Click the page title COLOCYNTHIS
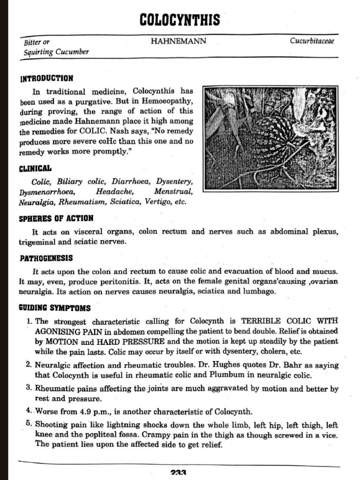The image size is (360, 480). pyautogui.click(x=180, y=20)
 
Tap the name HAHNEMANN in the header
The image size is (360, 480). pyautogui.click(x=178, y=41)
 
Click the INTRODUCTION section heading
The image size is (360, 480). pyautogui.click(x=46, y=78)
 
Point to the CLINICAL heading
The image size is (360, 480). pyautogui.click(x=35, y=168)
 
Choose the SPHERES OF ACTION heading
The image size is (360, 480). pyautogui.click(x=56, y=218)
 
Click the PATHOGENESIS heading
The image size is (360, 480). pyautogui.click(x=46, y=258)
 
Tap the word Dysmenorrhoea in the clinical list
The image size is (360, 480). pyautogui.click(x=46, y=192)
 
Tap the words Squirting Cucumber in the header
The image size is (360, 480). pyautogui.click(x=56, y=52)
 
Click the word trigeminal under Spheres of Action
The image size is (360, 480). pyautogui.click(x=37, y=242)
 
